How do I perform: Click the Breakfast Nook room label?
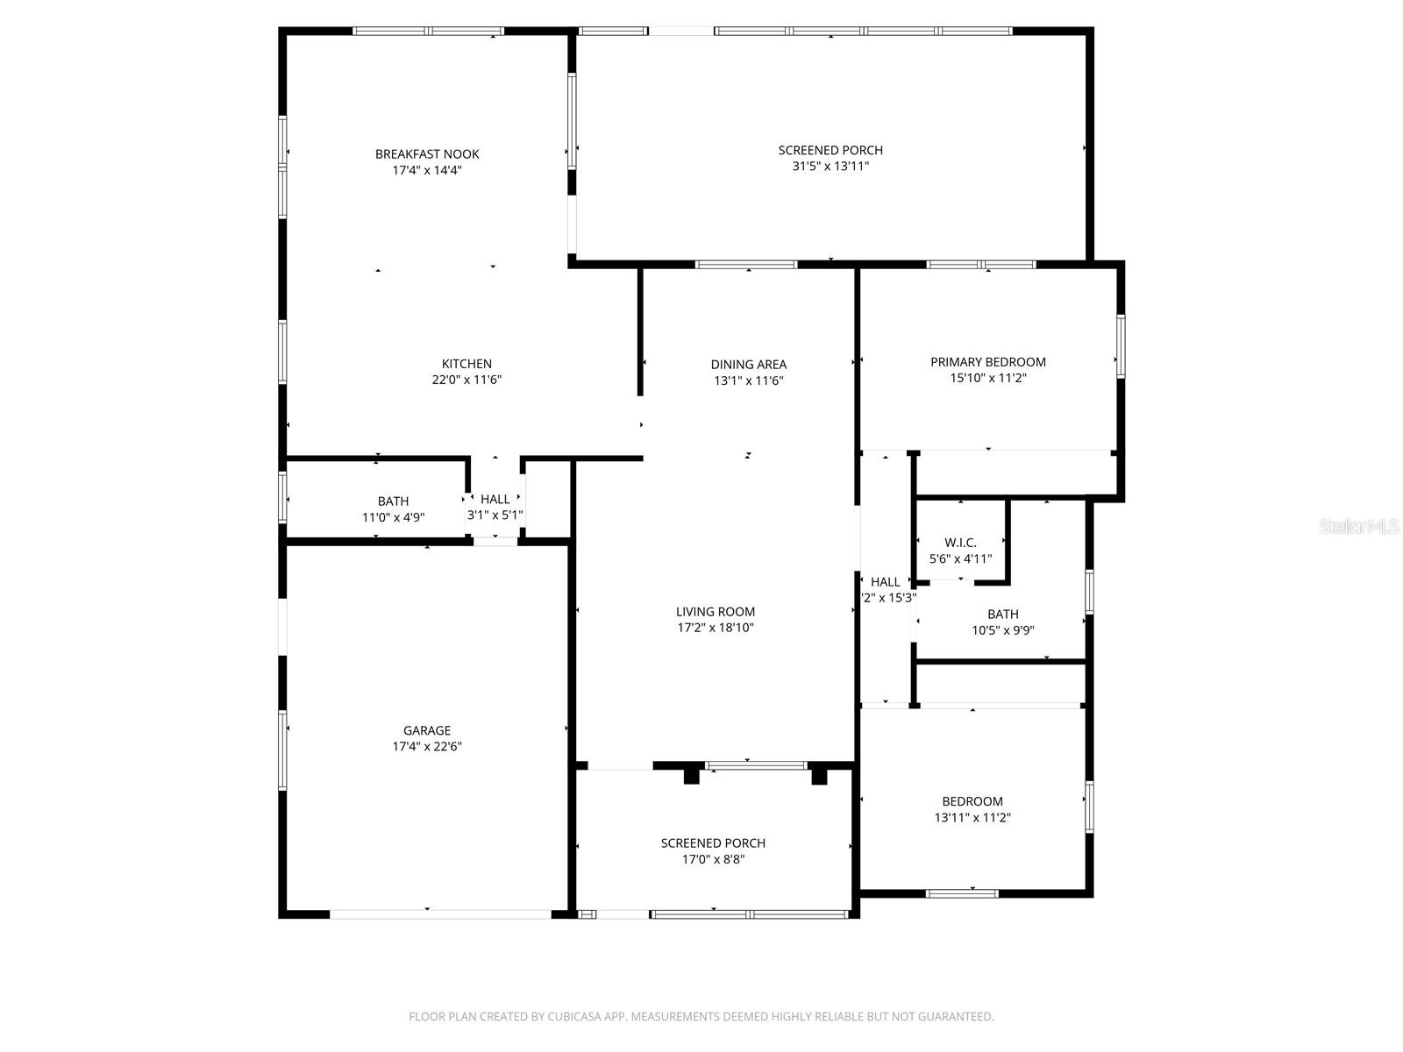pos(427,154)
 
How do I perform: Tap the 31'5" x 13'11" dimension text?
pos(830,166)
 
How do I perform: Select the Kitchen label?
pos(466,364)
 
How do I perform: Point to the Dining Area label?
pos(748,365)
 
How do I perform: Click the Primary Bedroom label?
pos(987,362)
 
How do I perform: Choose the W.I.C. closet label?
pos(960,543)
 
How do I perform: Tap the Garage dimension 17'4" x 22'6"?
pos(427,747)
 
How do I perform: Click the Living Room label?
pos(715,612)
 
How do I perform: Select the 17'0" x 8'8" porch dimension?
pos(713,859)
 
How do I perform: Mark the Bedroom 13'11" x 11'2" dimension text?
pos(972,817)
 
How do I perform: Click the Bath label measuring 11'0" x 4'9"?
pos(393,501)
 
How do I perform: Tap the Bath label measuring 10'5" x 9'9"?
pos(1002,615)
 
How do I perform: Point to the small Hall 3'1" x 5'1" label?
pos(495,500)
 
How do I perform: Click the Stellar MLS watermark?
pos(1359,527)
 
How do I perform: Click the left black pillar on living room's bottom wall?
pos(691,776)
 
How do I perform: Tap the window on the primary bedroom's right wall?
pos(1121,346)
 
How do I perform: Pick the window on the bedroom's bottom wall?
pos(962,893)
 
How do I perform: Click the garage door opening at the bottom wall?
pos(440,913)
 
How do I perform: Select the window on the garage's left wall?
pos(283,750)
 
